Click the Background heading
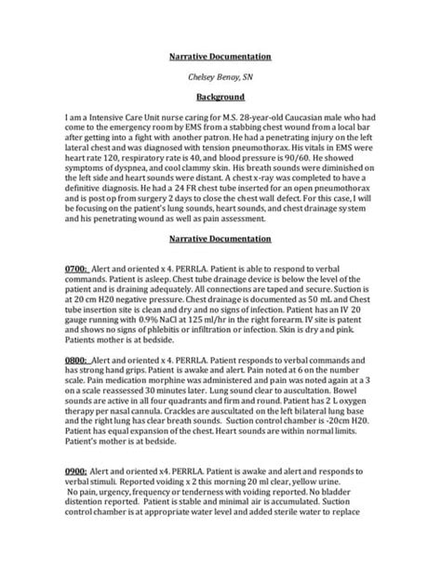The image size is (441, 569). point(220,96)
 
